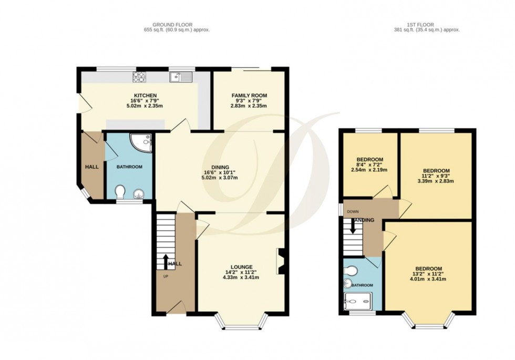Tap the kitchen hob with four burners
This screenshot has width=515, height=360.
[x=139, y=78]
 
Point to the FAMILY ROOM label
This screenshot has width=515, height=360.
[x=249, y=95]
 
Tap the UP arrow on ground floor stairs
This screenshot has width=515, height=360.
[x=166, y=261]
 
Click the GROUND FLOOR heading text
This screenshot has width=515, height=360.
[x=172, y=24]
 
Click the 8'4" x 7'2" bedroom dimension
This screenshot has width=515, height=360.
[x=369, y=165]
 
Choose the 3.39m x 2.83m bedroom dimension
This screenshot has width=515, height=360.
[x=436, y=181]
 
